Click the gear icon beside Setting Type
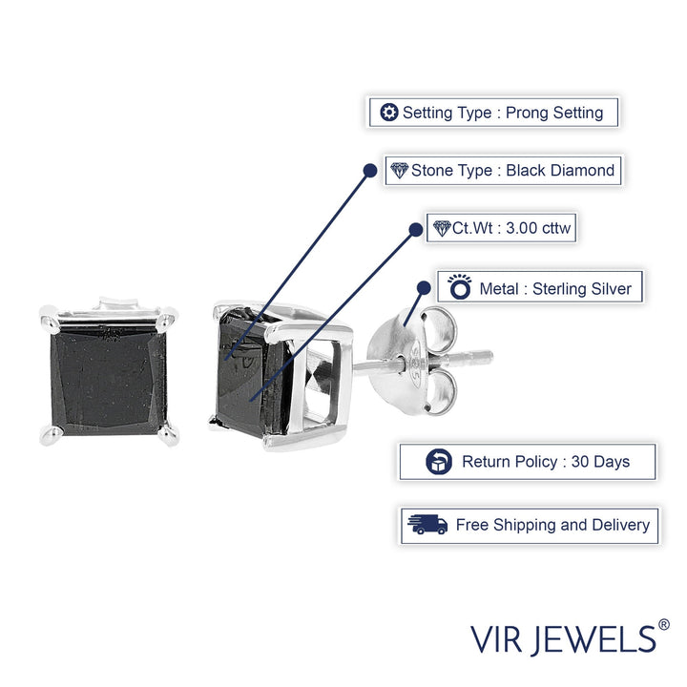(388, 113)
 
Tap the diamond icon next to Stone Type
(399, 171)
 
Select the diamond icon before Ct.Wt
(442, 228)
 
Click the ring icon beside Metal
(459, 287)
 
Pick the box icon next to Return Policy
(439, 462)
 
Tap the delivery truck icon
(427, 525)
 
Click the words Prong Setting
(554, 113)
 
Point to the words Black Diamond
(560, 170)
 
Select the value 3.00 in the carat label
(521, 228)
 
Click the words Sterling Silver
(582, 289)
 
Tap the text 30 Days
(600, 462)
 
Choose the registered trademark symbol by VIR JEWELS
(664, 624)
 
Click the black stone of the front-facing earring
(109, 380)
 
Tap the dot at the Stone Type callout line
(370, 171)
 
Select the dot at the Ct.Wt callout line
(415, 229)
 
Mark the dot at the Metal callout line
(424, 288)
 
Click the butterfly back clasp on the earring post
(412, 361)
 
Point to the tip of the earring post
(491, 356)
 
